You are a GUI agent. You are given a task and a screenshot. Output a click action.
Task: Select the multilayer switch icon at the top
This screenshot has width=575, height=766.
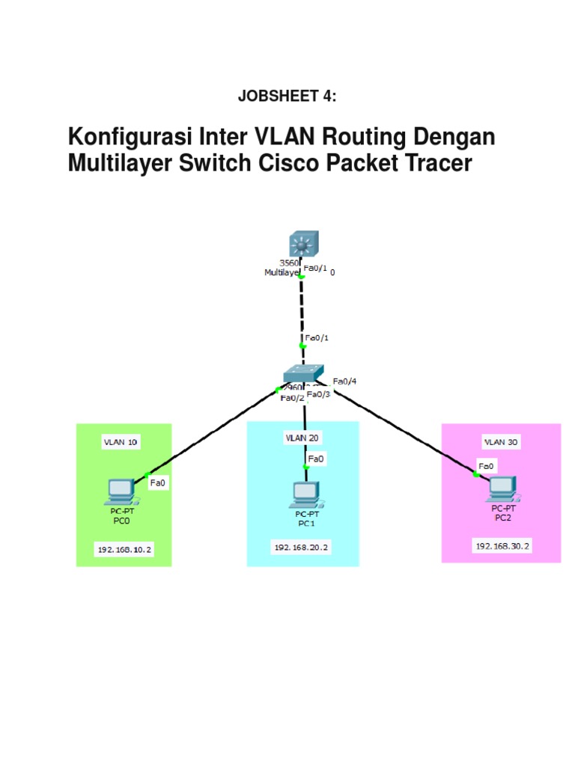pos(302,245)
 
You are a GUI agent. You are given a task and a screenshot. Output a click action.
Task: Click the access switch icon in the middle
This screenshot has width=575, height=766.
pos(303,374)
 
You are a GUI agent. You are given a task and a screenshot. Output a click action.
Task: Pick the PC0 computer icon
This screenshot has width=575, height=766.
pos(120,491)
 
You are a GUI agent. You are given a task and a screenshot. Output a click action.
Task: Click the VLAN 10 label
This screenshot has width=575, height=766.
pos(121,442)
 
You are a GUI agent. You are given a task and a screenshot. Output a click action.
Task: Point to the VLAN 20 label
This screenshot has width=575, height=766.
pos(302,437)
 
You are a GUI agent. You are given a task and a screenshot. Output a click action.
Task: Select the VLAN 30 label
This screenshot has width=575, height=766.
pos(501,442)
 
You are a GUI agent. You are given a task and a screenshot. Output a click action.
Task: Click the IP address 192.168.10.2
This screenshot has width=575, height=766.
pos(124,550)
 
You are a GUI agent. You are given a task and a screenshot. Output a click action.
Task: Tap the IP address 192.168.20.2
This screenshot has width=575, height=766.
pos(302,548)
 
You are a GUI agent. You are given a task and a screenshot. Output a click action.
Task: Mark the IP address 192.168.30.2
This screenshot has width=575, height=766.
pos(502,546)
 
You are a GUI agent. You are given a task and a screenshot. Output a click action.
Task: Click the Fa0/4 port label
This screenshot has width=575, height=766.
pos(344,381)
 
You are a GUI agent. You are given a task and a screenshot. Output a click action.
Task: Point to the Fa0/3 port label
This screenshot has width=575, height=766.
pos(318,394)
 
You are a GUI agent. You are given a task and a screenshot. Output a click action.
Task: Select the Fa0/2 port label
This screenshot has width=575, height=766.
pos(291,398)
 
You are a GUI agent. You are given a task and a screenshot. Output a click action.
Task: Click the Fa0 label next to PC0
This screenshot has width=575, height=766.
pos(158,483)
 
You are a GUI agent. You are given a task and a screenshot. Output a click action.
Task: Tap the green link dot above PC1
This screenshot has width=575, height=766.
pos(305,467)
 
